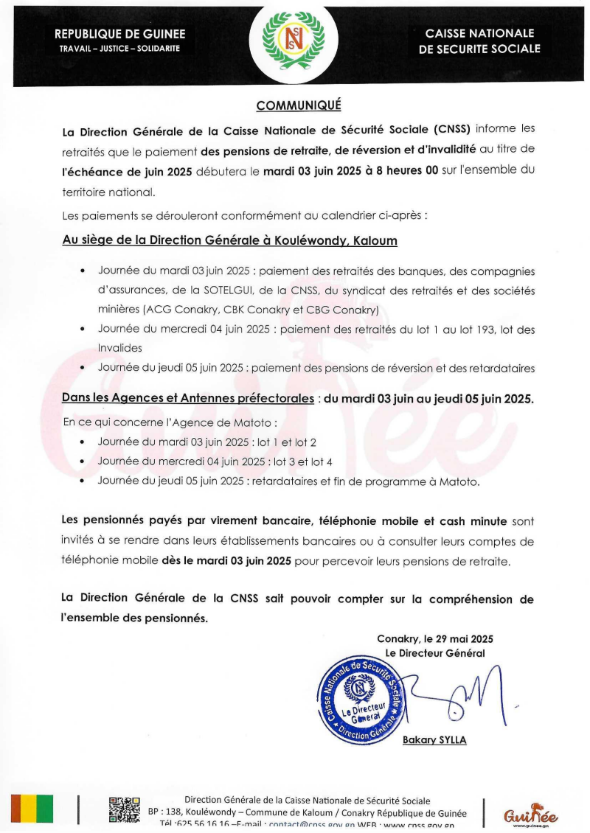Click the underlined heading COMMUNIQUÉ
coord(298,105)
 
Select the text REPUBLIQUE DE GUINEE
coord(119,34)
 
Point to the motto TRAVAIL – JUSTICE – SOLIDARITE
coord(119,49)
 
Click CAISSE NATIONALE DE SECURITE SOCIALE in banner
coord(479,41)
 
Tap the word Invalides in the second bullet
coord(120,347)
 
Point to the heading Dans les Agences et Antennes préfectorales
coord(188,399)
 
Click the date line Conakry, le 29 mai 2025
coord(434,638)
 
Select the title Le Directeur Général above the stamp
coord(434,652)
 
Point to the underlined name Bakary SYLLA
coord(434,740)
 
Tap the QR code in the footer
coord(124,810)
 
